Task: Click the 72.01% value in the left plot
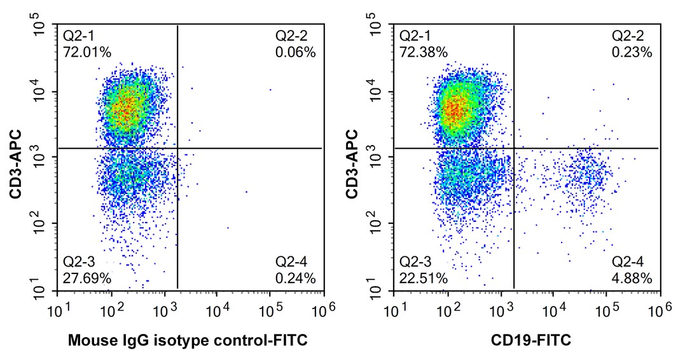pyautogui.click(x=82, y=53)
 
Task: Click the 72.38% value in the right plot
pyautogui.click(x=419, y=53)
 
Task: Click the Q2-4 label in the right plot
pyautogui.click(x=627, y=262)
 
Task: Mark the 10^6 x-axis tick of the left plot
pyautogui.click(x=324, y=308)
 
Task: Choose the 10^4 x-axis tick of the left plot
pyautogui.click(x=218, y=308)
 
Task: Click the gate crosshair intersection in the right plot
pyautogui.click(x=513, y=148)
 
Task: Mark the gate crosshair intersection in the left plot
pyautogui.click(x=177, y=148)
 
